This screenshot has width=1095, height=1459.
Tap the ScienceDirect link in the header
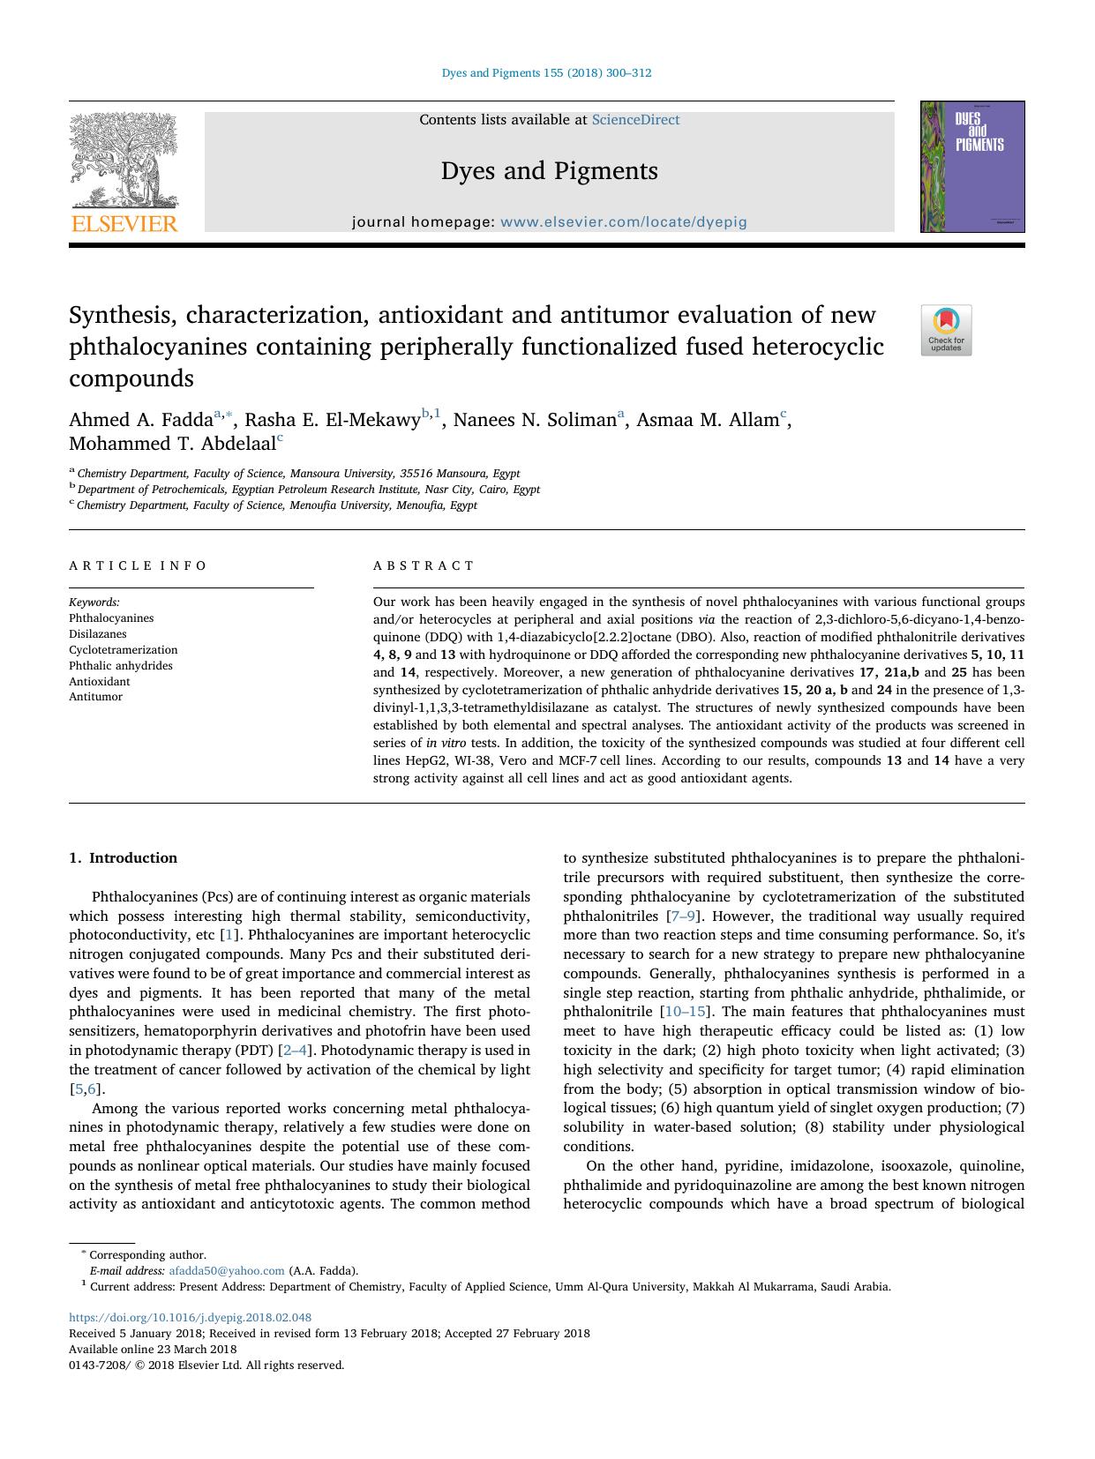635,120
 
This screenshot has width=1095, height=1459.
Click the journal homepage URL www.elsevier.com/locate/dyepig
623,222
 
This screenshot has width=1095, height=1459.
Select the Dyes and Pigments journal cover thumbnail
971,167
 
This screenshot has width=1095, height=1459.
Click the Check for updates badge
946,330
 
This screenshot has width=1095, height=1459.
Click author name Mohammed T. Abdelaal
172,444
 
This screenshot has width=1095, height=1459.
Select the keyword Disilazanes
97,634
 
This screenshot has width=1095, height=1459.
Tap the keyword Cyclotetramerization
123,650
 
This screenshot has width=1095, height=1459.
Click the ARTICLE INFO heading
138,566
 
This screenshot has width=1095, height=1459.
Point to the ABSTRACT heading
424,566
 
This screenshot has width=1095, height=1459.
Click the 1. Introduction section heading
123,858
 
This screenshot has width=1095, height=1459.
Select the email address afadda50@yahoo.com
226,1271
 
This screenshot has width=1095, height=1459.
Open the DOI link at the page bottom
190,1318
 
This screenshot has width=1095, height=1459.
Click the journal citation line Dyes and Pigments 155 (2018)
546,73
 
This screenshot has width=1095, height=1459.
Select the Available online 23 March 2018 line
152,1350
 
